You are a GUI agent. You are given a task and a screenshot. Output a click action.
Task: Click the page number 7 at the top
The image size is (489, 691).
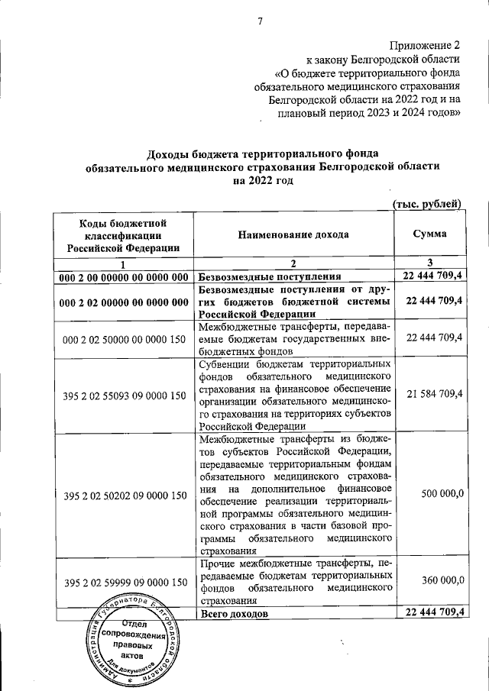pyautogui.click(x=259, y=20)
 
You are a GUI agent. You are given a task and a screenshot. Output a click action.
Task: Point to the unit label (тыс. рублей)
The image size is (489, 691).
pyautogui.click(x=426, y=203)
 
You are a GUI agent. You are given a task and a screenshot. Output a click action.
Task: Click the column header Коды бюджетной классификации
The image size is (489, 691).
pyautogui.click(x=123, y=234)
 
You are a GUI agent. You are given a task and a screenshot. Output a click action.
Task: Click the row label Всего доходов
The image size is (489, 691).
pyautogui.click(x=233, y=614)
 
